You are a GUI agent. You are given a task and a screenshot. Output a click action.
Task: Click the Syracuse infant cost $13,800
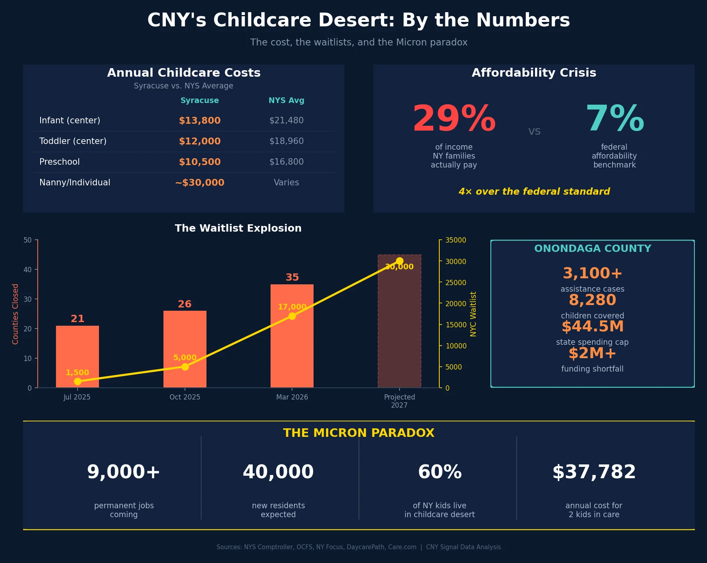(200, 120)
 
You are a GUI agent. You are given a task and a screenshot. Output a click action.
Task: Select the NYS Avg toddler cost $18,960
(286, 141)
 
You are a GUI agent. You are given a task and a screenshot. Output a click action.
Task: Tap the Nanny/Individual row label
(75, 183)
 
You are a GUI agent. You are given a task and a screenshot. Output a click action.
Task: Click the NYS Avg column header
(286, 100)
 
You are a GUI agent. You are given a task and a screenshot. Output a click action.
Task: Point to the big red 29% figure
(454, 119)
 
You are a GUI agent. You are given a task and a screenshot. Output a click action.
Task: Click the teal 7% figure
(615, 119)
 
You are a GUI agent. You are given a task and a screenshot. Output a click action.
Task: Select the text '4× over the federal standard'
(534, 191)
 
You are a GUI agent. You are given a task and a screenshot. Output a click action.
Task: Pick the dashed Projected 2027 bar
(399, 324)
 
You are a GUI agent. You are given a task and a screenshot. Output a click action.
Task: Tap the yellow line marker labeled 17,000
(292, 316)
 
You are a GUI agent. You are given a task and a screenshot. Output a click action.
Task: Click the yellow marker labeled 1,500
(77, 381)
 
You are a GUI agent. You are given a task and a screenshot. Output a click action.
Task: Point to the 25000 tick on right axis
(456, 283)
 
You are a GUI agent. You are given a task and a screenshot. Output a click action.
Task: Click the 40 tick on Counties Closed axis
(28, 270)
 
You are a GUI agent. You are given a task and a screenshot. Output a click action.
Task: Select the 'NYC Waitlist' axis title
(473, 314)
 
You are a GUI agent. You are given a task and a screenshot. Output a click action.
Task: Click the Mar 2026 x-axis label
(292, 397)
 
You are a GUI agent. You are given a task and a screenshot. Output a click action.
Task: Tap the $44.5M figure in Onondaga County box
(592, 327)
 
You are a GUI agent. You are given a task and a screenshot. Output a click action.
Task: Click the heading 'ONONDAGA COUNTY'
(592, 249)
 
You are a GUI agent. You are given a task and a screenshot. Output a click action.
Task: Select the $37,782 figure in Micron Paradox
(594, 472)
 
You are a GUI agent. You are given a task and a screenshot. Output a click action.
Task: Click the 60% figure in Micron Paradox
(440, 472)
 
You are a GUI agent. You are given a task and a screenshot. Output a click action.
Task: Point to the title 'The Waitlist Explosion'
(238, 228)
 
